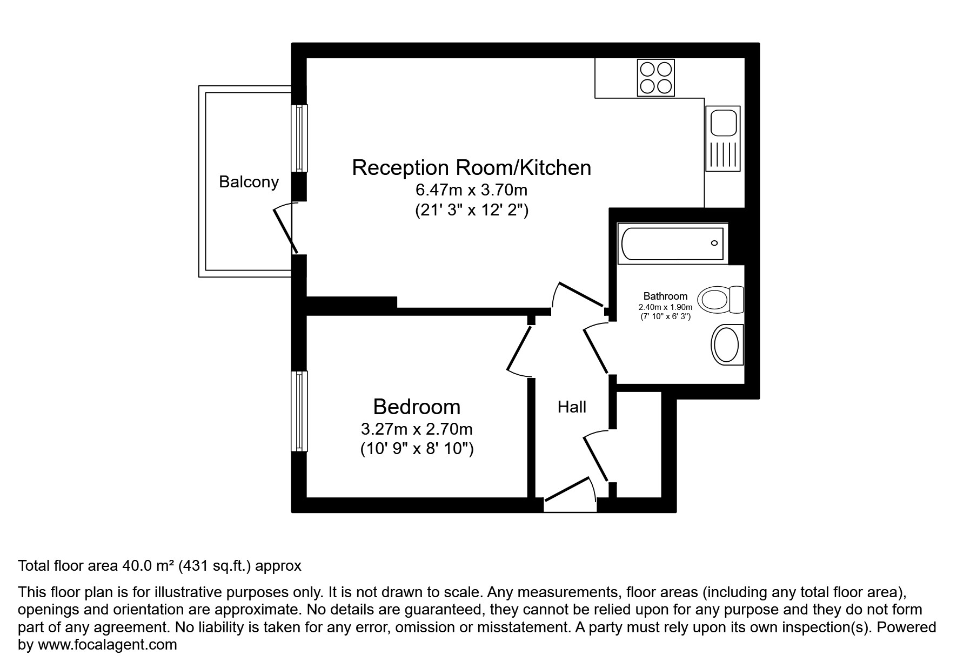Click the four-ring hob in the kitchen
click(x=656, y=77)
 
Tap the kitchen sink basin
click(x=722, y=122)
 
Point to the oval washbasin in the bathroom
click(x=726, y=345)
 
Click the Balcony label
click(x=249, y=182)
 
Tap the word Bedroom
click(x=417, y=407)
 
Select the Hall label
click(x=572, y=407)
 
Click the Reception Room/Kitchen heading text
click(x=471, y=168)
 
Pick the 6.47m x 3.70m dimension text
click(x=471, y=190)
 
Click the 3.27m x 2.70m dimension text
click(x=417, y=429)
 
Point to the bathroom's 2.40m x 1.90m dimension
click(x=665, y=307)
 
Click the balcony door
click(x=286, y=231)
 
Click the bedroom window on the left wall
click(x=299, y=411)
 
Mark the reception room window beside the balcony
click(x=299, y=138)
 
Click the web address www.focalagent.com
click(x=107, y=645)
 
